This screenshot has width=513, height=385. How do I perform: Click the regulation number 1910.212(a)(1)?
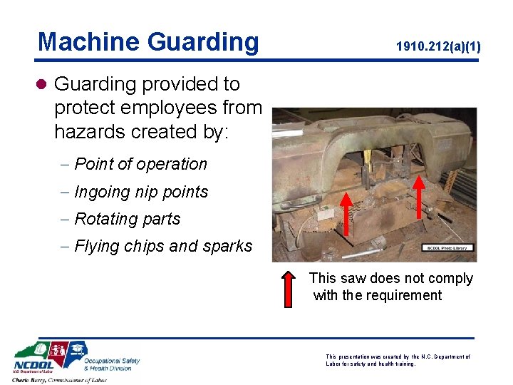tap(438, 47)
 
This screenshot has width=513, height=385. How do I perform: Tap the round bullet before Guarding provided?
tap(42, 85)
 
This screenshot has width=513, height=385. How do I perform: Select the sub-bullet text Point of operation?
tap(140, 164)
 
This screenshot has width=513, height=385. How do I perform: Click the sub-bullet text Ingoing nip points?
tap(141, 192)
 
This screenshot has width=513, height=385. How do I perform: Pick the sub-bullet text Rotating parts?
tap(127, 219)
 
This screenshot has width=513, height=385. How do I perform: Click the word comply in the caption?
tap(447, 278)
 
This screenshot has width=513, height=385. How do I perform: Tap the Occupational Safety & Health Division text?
tap(112, 364)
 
